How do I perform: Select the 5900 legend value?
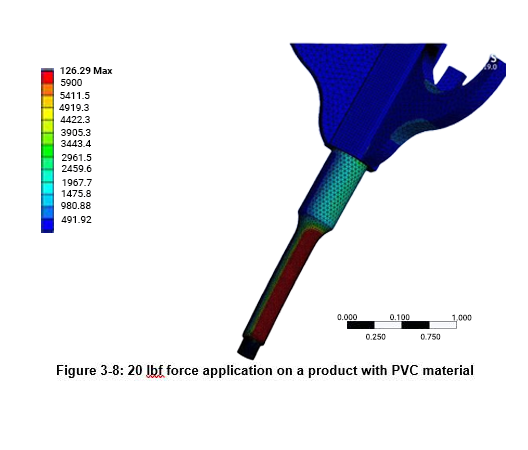click(71, 83)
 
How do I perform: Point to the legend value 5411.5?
click(76, 95)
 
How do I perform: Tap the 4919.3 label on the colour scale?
click(76, 107)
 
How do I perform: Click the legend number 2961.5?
click(76, 158)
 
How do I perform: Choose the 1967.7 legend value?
click(76, 183)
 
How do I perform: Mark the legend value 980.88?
click(76, 207)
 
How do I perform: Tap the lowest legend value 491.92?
click(76, 219)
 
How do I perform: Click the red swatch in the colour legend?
click(47, 77)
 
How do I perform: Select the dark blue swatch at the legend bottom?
click(47, 225)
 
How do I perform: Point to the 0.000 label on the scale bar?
click(348, 317)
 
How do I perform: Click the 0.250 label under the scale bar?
click(376, 337)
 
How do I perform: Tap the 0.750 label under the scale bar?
click(430, 337)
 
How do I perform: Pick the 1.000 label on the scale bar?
click(461, 317)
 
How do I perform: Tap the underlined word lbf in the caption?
click(154, 371)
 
